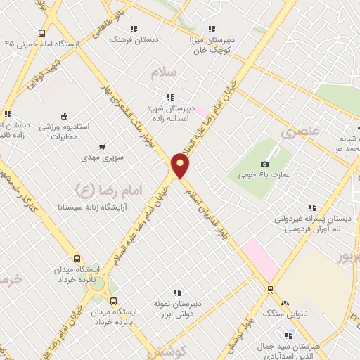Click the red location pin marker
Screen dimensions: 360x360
[x=181, y=166]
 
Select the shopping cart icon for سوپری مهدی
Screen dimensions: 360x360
[x=103, y=147]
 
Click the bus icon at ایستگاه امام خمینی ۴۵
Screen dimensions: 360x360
[x=42, y=33]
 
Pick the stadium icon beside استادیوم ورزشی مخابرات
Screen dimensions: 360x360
[x=64, y=116]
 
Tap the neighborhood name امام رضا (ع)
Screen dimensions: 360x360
[x=107, y=189]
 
